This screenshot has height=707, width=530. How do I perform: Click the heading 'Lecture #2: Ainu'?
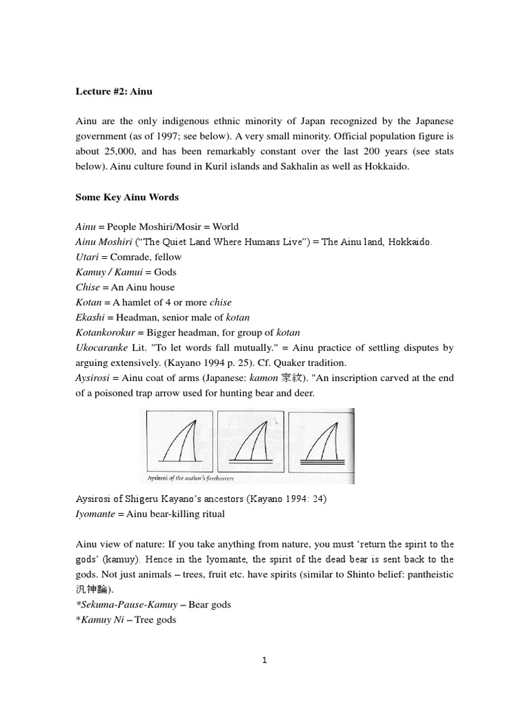(112, 90)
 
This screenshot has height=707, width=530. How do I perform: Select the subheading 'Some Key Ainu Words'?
(127, 197)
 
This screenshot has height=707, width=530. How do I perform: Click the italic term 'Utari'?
(86, 257)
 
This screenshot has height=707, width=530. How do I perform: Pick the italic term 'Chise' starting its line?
(87, 287)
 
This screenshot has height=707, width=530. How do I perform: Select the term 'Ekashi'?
(90, 318)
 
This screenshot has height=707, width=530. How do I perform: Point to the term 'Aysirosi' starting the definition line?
(92, 378)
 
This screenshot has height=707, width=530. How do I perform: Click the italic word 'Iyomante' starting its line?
(95, 514)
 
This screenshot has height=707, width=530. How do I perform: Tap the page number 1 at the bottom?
(264, 661)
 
